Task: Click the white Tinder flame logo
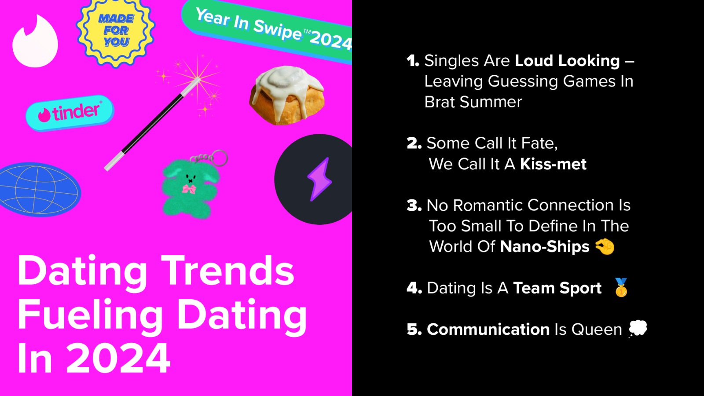(x=35, y=42)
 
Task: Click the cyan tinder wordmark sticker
(x=70, y=113)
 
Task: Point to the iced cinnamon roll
(x=287, y=95)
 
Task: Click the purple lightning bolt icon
(x=319, y=179)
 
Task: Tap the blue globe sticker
(x=39, y=190)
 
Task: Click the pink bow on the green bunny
(x=189, y=189)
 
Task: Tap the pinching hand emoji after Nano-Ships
(x=605, y=247)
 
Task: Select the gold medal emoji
(x=621, y=287)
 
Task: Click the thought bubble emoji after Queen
(x=638, y=329)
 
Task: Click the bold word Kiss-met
(x=553, y=164)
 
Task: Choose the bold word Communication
(x=488, y=330)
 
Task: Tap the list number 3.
(x=414, y=205)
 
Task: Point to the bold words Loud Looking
(x=567, y=61)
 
